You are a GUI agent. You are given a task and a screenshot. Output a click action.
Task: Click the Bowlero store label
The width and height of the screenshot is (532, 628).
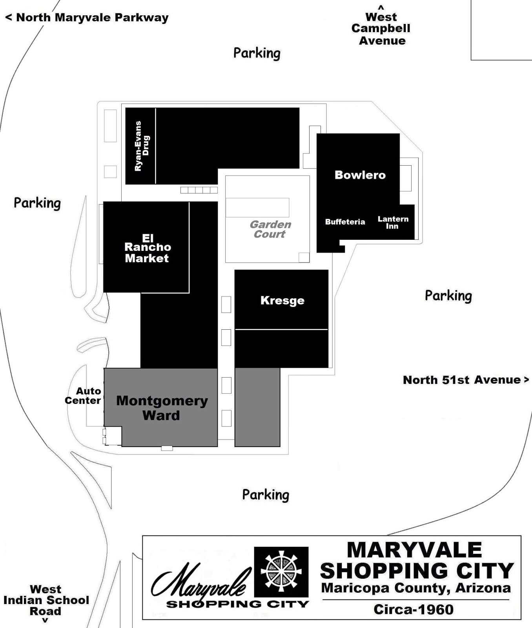point(360,175)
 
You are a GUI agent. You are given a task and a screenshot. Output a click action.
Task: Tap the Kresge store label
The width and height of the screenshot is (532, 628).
point(282,301)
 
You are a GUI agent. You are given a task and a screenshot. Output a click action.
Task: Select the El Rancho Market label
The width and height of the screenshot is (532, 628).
point(147,248)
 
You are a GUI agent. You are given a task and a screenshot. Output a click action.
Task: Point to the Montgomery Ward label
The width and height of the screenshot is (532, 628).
point(162,408)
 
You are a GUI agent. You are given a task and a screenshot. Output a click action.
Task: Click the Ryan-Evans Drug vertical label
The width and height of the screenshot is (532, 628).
point(142,146)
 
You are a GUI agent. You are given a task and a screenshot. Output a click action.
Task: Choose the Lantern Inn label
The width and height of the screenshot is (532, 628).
point(393,223)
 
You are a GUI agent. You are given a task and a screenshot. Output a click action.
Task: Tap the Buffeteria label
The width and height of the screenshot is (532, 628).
point(345,222)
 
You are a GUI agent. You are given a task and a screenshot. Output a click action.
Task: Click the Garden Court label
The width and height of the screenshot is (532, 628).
point(270,229)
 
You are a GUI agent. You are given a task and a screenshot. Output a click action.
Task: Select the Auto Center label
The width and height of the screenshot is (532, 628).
point(83,396)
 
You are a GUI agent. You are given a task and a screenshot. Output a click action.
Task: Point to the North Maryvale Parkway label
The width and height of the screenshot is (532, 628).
point(87,18)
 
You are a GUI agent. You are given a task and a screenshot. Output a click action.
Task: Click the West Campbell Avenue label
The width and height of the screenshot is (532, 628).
point(381,29)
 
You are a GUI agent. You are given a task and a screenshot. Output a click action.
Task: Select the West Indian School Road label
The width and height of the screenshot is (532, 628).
point(46,601)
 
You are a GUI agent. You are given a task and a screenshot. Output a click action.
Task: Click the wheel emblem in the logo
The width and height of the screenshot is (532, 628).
point(281,571)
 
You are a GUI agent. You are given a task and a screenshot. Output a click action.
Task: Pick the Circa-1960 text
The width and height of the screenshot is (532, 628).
point(414,610)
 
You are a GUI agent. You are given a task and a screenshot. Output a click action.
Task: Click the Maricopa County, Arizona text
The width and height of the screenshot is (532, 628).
point(416,588)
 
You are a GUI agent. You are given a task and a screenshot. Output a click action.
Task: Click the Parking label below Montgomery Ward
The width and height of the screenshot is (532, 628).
point(266,495)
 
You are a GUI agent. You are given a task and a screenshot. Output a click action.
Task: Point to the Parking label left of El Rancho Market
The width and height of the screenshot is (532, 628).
point(37,203)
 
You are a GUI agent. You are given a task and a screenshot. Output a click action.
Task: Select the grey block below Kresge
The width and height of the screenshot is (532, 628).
point(257,407)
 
